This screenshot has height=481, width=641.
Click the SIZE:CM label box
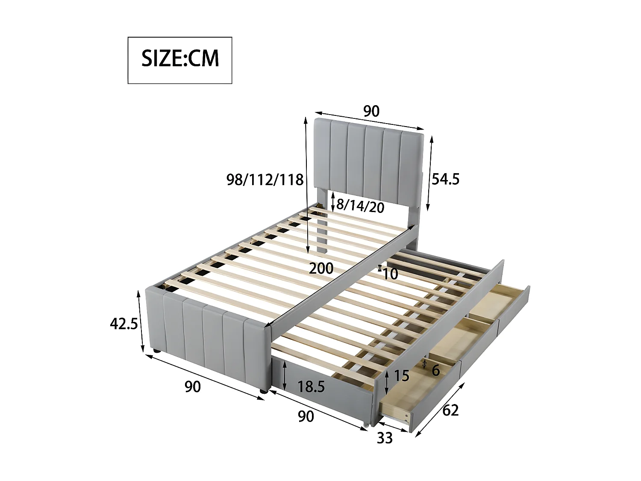(180, 60)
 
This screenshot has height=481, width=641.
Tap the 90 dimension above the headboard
(371, 111)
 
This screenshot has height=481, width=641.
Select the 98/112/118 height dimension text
(265, 180)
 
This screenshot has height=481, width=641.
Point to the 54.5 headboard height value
(445, 179)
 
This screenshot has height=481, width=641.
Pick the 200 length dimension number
(321, 269)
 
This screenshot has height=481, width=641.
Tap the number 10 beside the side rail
(390, 274)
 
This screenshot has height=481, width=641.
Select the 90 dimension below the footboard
(192, 387)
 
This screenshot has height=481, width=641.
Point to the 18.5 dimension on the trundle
(311, 387)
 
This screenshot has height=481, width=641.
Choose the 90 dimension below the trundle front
(306, 416)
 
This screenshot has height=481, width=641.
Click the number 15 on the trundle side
(401, 376)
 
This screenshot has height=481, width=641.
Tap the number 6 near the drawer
(435, 370)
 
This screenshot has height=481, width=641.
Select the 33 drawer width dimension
(384, 438)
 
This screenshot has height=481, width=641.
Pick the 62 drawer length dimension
(450, 410)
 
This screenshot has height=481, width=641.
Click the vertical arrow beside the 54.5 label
(431, 173)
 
